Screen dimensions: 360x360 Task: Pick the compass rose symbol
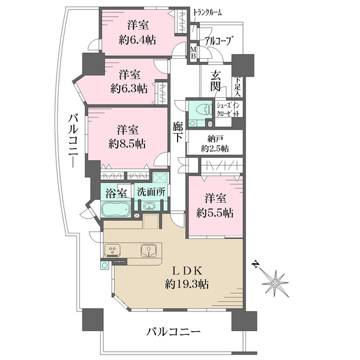coord(275,280)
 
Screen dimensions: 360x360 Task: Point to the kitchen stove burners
coord(112,250)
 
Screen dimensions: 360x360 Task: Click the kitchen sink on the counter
coord(148,250)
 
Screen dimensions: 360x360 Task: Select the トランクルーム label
coord(208,11)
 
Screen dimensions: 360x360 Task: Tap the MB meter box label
coord(193,52)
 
